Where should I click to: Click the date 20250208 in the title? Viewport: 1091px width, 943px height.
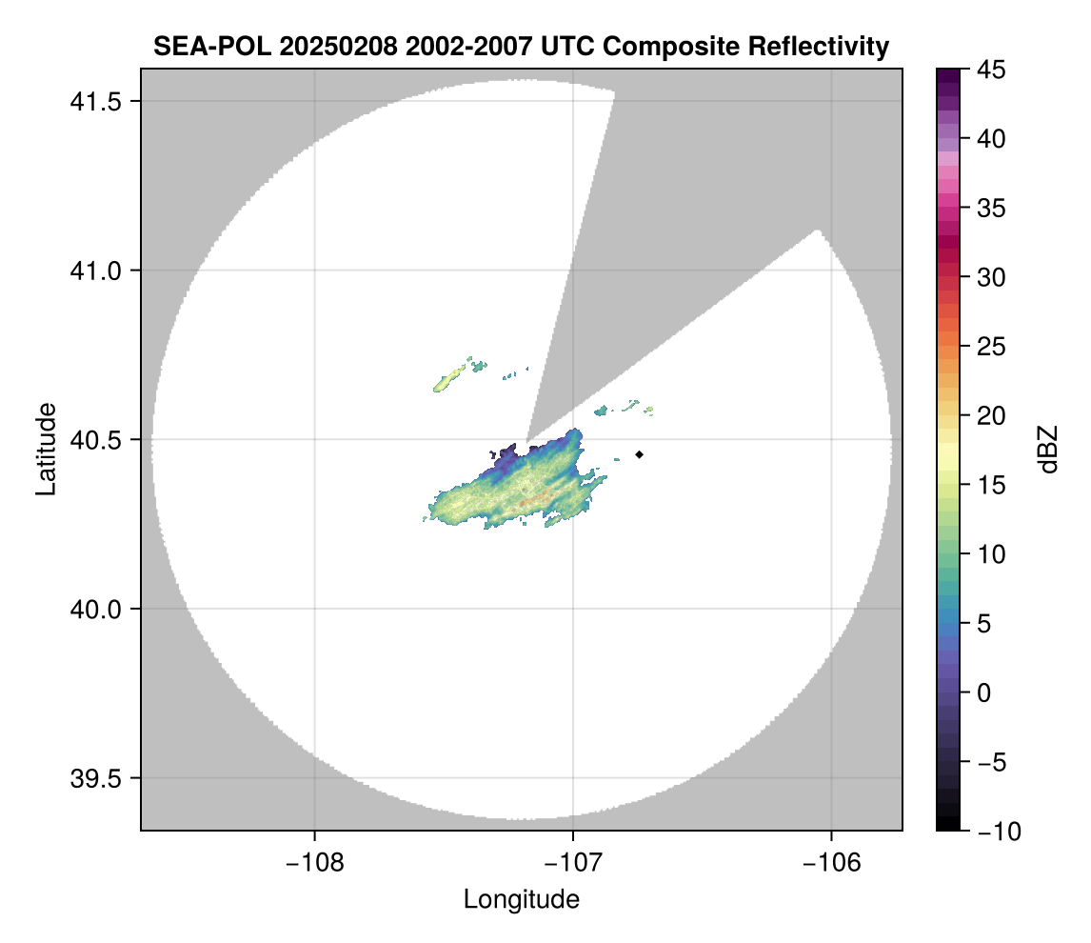(x=319, y=46)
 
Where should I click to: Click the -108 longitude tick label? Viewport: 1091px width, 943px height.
(x=313, y=862)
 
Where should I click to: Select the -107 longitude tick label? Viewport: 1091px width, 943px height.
(x=573, y=862)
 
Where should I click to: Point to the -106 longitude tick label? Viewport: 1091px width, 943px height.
(x=832, y=862)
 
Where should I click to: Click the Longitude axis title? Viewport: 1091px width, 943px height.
(x=521, y=899)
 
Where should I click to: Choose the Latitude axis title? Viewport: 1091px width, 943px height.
(x=45, y=448)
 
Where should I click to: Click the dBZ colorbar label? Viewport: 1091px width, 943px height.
(x=1049, y=450)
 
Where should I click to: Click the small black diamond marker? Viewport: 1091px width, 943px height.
(x=640, y=454)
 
